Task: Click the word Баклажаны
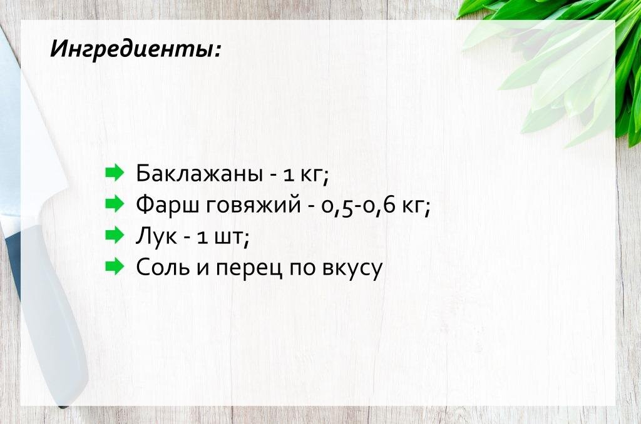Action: tap(198, 173)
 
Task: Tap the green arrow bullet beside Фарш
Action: tap(116, 204)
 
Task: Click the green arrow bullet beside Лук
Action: tap(116, 236)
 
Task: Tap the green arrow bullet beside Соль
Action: tap(116, 267)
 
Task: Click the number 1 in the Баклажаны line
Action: tap(289, 174)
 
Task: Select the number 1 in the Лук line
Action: tap(202, 237)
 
